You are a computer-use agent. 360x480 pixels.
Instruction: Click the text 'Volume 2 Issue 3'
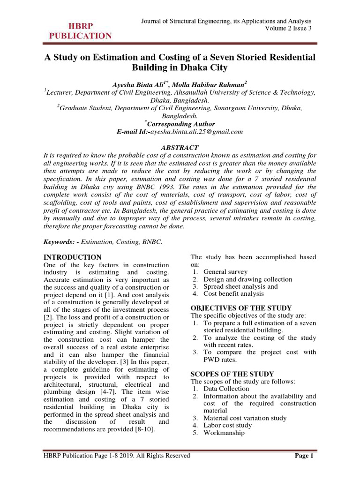point(288,29)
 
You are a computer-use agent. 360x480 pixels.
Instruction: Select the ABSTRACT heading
point(180,148)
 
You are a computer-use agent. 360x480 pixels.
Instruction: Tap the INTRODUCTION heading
point(72,257)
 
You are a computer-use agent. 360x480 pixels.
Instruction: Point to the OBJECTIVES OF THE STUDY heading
point(241,308)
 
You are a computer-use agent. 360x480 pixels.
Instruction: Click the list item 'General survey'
point(225,271)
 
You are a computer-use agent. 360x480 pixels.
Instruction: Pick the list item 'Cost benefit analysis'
point(233,294)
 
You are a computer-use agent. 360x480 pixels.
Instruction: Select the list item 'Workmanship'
point(224,433)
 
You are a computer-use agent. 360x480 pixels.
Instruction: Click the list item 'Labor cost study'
point(227,425)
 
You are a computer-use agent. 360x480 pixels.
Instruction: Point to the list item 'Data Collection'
point(226,389)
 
